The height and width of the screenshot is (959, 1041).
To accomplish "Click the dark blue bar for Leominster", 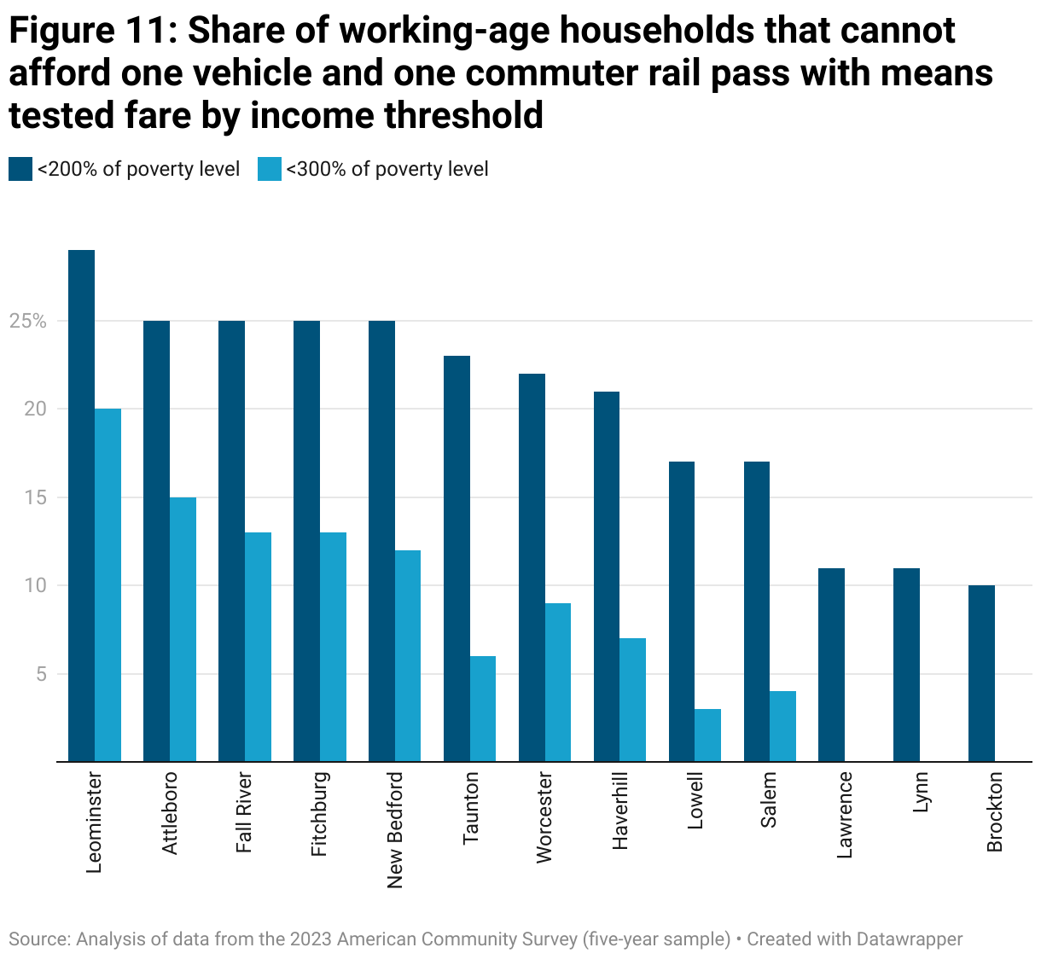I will [x=81, y=505].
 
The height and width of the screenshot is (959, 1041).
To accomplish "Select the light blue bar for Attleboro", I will [x=183, y=629].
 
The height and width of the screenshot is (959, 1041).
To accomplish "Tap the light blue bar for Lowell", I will [x=707, y=735].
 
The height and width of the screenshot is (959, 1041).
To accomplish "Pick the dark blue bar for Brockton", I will [x=981, y=673].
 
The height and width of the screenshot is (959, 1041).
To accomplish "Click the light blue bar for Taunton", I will [x=483, y=708].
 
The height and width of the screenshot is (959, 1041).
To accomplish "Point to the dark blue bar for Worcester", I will [x=532, y=567].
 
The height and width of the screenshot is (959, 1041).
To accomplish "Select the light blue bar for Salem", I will [x=782, y=726].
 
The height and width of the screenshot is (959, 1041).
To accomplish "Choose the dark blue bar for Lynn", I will [x=906, y=665].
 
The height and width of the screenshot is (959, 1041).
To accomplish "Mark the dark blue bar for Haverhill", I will [x=607, y=576].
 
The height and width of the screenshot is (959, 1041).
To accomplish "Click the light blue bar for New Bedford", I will [x=408, y=655].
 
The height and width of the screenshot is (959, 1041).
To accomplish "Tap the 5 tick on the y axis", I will [x=38, y=674].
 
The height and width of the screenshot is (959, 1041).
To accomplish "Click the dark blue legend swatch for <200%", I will [x=20, y=169].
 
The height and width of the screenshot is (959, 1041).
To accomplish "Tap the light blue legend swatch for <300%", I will [x=269, y=169].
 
